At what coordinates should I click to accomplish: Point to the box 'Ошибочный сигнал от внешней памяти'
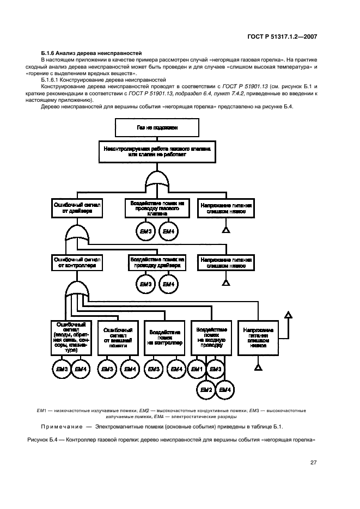118,337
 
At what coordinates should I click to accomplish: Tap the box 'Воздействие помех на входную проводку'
209,336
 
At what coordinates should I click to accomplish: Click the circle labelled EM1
197,370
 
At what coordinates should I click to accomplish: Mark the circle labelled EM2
205,389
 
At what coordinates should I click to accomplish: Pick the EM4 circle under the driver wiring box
168,284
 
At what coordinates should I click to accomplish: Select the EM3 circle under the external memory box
107,370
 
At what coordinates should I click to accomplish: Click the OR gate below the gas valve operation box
157,180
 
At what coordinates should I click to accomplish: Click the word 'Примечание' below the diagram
62,426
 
